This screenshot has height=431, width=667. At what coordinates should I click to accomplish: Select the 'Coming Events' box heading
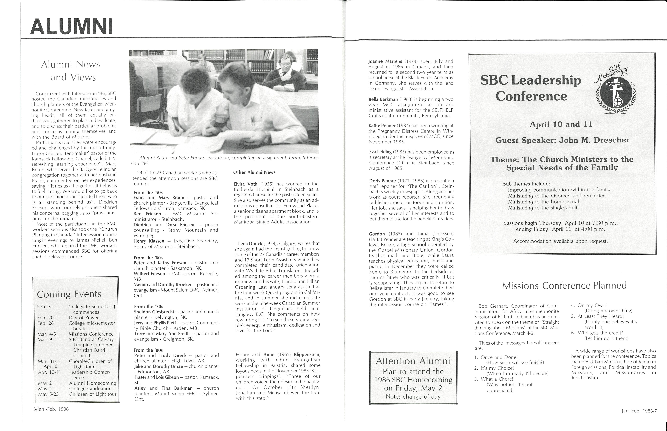tap(69, 294)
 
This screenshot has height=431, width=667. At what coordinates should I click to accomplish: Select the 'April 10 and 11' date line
tap(561, 125)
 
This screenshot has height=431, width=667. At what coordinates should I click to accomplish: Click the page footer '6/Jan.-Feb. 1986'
tap(51, 409)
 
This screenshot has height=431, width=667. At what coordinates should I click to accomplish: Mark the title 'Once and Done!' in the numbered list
tap(499, 357)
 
